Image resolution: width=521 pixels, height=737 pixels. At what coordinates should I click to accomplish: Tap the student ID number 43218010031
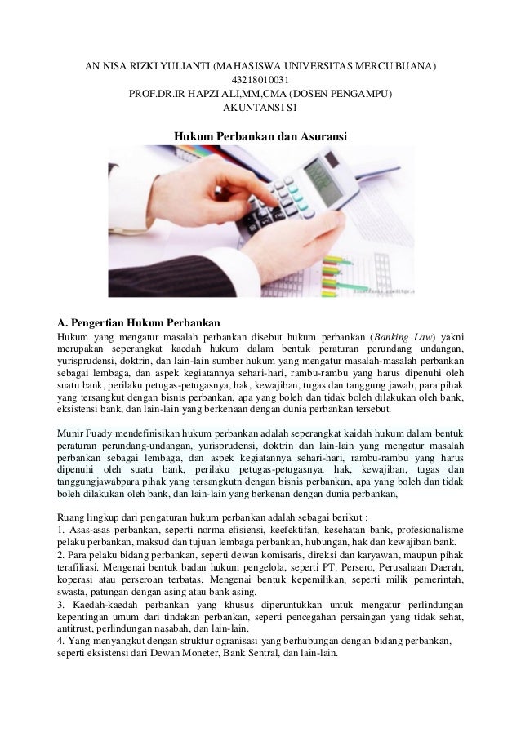point(260,80)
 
